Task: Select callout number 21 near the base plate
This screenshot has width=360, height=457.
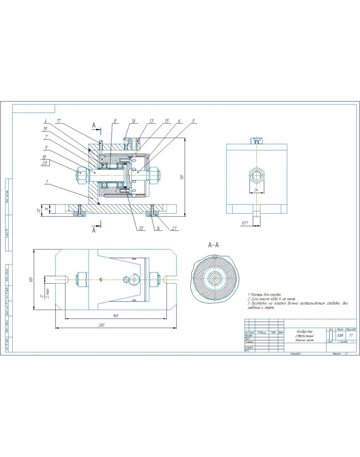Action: click(173, 228)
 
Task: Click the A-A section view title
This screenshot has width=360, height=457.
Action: click(214, 245)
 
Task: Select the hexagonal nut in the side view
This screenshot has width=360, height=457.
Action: click(256, 174)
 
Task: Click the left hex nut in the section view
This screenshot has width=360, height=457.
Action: click(81, 174)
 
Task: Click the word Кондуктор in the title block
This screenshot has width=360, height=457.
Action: click(304, 331)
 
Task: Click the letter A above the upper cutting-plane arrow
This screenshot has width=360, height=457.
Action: click(94, 125)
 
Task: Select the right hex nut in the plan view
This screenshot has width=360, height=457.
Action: click(154, 279)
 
